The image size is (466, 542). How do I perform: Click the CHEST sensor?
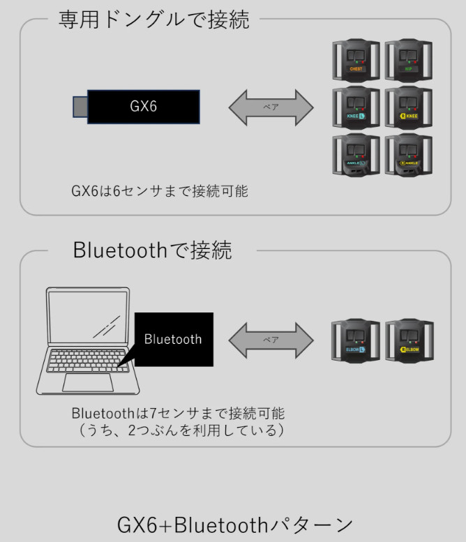point(356,62)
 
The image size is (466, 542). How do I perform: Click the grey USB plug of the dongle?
point(80,107)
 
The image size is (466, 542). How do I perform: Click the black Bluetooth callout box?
point(174,340)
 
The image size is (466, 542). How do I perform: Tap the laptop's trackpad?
point(87,382)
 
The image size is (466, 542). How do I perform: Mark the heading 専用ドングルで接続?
point(153,20)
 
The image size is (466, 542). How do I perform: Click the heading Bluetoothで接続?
point(152,250)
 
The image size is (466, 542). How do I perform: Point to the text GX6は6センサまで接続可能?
point(160,190)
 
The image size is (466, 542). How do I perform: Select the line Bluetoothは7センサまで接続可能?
point(178,413)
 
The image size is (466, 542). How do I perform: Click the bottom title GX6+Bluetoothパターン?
point(234,524)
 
